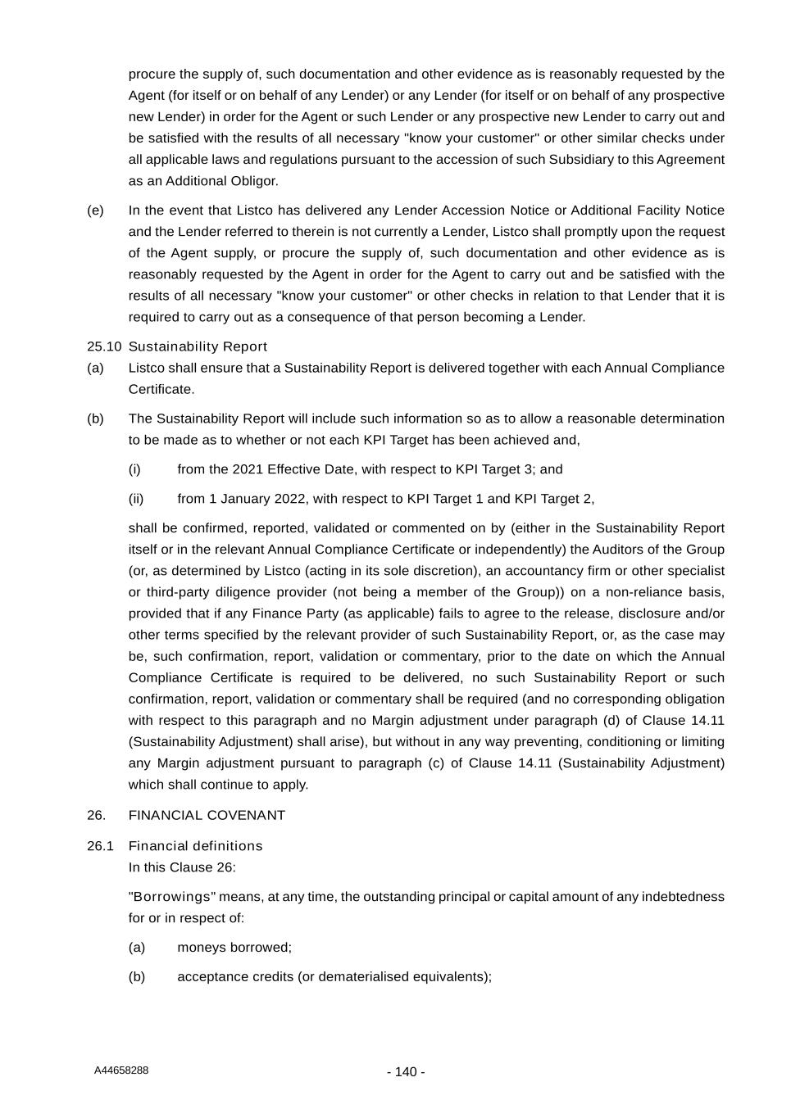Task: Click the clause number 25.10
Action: [x=104, y=346]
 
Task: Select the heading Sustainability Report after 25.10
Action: [x=198, y=346]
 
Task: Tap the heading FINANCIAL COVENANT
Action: [x=207, y=815]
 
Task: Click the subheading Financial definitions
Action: [x=195, y=845]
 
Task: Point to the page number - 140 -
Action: [x=406, y=1072]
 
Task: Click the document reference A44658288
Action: [x=121, y=1070]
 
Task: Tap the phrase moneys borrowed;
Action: [x=234, y=947]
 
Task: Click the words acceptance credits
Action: [x=230, y=976]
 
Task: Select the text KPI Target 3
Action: [x=494, y=468]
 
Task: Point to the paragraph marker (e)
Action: [x=95, y=210]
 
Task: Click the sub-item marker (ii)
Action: [x=136, y=498]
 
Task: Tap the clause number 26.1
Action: [x=100, y=845]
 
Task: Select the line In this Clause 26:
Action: [x=182, y=867]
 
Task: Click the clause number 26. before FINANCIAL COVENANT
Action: [x=96, y=815]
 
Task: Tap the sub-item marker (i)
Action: [x=134, y=468]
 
